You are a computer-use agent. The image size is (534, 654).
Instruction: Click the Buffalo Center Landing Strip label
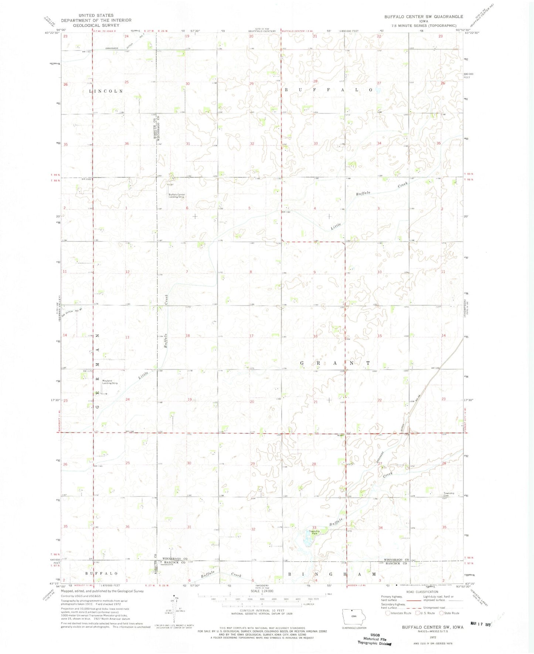pos(177,196)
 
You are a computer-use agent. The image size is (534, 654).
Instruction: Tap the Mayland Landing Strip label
pos(110,382)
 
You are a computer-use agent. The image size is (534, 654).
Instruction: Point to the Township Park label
pos(314,532)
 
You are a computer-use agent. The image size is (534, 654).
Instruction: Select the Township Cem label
pos(449,494)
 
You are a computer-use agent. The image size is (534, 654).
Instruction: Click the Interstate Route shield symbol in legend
pos(388,613)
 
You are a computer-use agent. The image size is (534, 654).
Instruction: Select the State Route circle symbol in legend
pos(441,613)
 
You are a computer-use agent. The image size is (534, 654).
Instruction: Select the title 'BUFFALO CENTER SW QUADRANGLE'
pos(424,17)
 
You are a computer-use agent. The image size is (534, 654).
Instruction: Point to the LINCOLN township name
pos(106,91)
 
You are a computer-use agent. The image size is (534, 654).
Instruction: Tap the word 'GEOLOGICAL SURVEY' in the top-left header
pos(96,26)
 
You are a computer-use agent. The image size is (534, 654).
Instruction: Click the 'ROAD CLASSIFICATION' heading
pos(422,602)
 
